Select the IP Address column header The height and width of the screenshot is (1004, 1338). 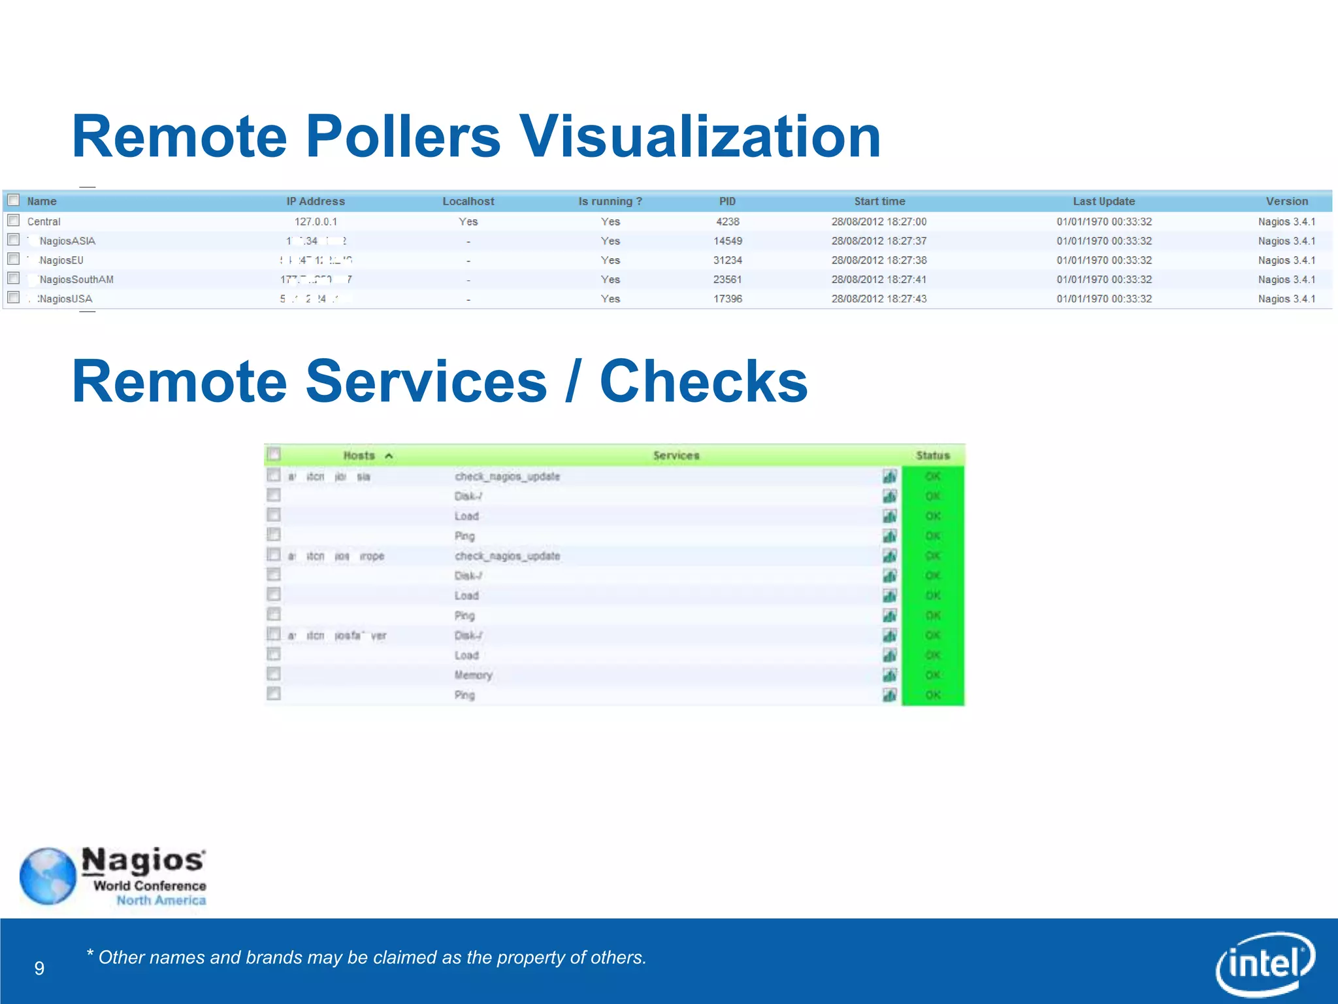[316, 201]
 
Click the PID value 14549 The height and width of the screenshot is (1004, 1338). [727, 241]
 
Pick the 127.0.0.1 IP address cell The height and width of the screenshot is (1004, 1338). [316, 222]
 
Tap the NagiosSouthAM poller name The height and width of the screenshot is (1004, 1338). [76, 280]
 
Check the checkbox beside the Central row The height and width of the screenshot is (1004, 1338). [14, 220]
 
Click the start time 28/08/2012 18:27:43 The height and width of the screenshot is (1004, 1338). [879, 299]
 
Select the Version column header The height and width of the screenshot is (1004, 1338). [1286, 201]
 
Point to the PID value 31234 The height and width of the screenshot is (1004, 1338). [727, 260]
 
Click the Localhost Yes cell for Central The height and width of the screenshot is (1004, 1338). [468, 222]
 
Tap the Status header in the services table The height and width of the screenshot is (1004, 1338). [932, 456]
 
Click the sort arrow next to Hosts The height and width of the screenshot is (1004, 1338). [389, 456]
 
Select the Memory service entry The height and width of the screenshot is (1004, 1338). [473, 675]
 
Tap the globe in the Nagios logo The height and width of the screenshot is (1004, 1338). [48, 877]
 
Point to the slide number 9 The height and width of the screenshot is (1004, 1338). [39, 968]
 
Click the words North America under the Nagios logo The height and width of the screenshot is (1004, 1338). [161, 901]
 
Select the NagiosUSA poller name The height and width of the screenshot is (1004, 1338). [65, 299]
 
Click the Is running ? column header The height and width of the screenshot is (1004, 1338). [610, 201]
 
